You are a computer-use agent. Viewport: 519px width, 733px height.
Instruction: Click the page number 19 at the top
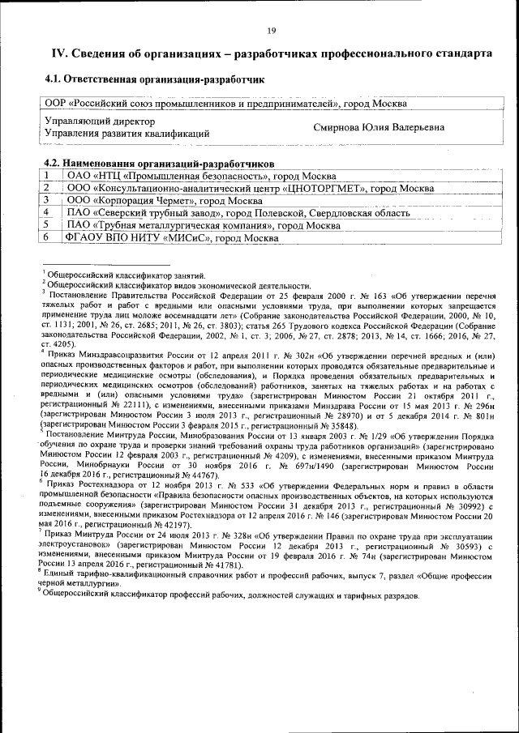pos(271,30)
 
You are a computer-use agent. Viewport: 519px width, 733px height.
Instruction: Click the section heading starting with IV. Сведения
pos(271,53)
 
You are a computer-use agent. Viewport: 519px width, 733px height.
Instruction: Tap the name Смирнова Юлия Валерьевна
pos(379,128)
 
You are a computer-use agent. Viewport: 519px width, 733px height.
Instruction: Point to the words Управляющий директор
pos(99,121)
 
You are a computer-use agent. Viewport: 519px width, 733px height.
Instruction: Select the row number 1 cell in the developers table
pos(48,175)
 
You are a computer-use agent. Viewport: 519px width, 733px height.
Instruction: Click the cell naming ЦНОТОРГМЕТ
pos(250,188)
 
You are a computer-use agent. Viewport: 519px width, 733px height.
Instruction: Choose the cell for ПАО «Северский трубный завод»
pos(238,212)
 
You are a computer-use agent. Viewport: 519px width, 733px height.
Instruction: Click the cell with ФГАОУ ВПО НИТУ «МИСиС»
pos(172,237)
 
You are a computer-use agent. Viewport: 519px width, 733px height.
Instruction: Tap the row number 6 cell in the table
pos(48,237)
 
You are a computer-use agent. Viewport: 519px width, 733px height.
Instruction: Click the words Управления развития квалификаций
pos(127,134)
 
